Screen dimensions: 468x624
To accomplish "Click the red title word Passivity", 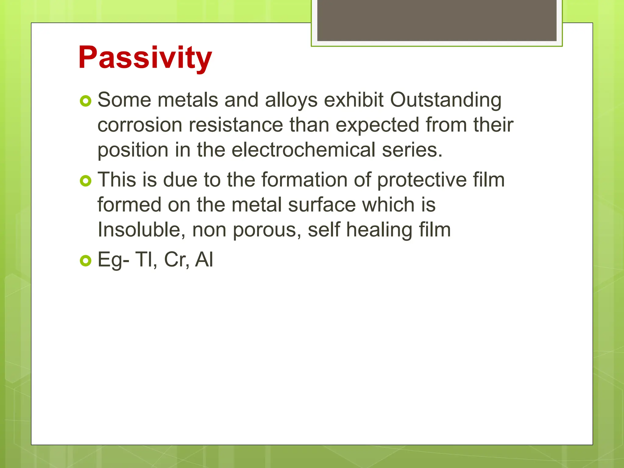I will pyautogui.click(x=145, y=58).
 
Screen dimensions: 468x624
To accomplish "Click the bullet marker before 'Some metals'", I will pyautogui.click(x=86, y=101).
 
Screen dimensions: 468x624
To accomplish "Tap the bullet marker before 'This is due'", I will pyautogui.click(x=86, y=181).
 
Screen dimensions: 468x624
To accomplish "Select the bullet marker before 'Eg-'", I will pyautogui.click(x=86, y=261).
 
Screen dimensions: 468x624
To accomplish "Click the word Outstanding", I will pyautogui.click(x=446, y=100).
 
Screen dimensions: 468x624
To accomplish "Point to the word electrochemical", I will pyautogui.click(x=303, y=150).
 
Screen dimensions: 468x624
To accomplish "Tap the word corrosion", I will pyautogui.click(x=140, y=125).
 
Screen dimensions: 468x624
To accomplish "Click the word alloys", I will pyautogui.click(x=291, y=101).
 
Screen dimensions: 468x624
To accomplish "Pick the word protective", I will pyautogui.click(x=422, y=180).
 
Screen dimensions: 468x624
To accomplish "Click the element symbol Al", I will pyautogui.click(x=204, y=260).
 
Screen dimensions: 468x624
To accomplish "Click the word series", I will pyautogui.click(x=412, y=150).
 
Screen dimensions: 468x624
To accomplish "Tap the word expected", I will pyautogui.click(x=377, y=125).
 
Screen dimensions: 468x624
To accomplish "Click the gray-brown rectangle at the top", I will pyautogui.click(x=437, y=20).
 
